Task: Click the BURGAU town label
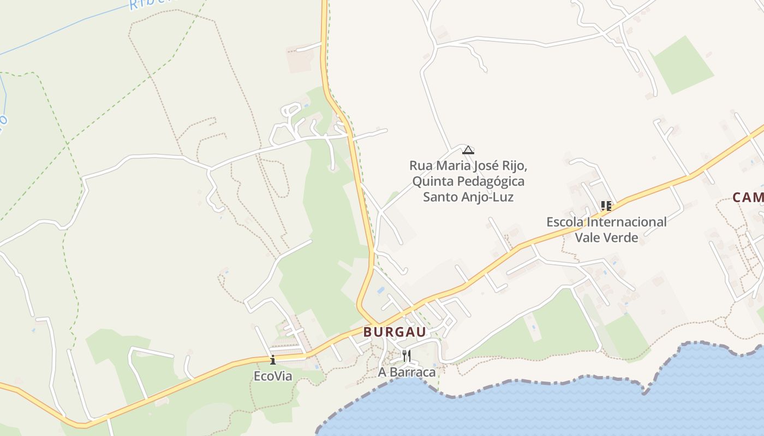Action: [x=395, y=332]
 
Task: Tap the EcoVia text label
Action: [x=273, y=376]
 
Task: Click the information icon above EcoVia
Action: [x=273, y=360]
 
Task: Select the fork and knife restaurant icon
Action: [x=406, y=356]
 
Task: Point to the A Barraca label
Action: [x=407, y=372]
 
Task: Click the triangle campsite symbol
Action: [x=468, y=150]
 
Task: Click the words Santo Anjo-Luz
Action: [x=468, y=197]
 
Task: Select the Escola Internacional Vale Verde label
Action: [x=606, y=229]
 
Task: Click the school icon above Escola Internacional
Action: [x=606, y=206]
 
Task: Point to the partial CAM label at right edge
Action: [x=748, y=197]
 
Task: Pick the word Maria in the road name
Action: [x=451, y=165]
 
